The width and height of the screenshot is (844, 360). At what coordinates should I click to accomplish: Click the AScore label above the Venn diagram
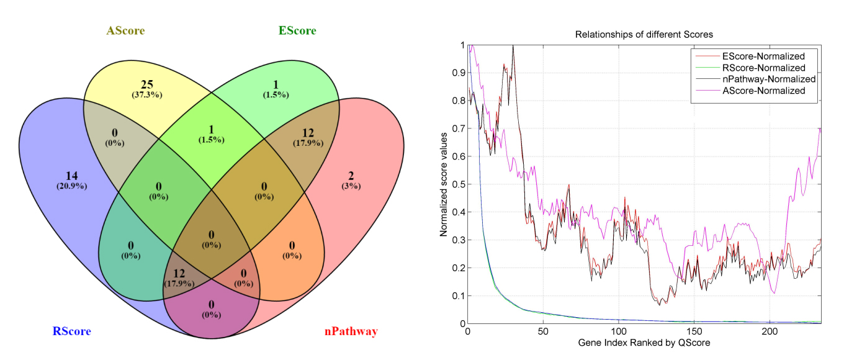point(129,30)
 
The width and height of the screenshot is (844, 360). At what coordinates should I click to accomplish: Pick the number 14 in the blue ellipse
point(73,175)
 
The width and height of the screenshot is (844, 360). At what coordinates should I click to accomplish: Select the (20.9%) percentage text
point(72,186)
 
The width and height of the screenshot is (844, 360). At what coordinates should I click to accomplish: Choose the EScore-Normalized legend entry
point(763,56)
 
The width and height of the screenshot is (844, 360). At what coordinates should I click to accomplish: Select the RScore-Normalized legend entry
point(763,68)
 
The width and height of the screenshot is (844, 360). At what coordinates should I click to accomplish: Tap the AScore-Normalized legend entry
point(763,91)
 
